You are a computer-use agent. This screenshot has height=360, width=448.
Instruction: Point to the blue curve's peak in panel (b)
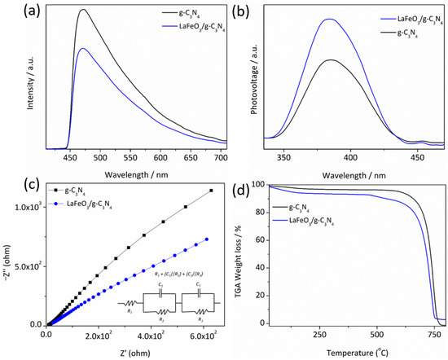(314, 19)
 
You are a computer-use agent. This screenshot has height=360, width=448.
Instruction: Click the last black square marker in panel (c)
(212, 191)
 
